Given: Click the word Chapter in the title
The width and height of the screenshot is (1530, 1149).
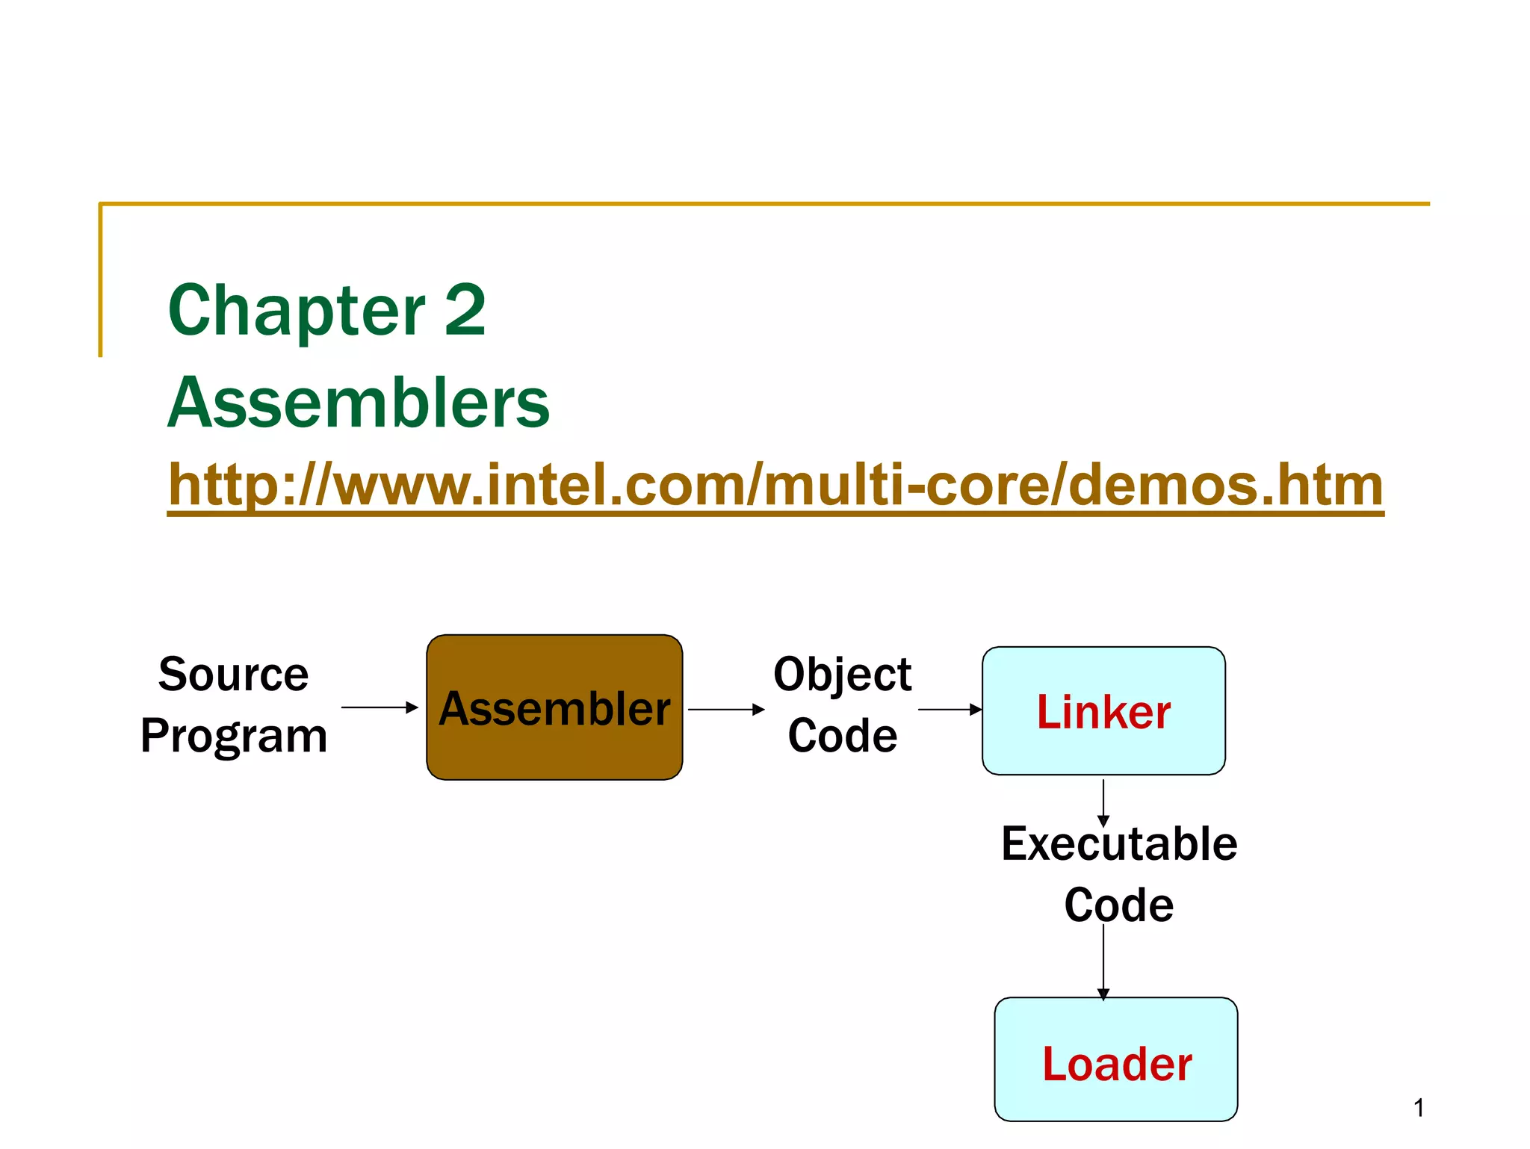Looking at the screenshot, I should (296, 310).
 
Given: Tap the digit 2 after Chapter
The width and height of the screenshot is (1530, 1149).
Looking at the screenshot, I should (465, 310).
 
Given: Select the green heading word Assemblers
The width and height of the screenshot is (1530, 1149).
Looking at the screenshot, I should (359, 403).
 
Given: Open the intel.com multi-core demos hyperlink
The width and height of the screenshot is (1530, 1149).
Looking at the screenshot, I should (775, 486).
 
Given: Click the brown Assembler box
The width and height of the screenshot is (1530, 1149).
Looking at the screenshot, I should (554, 707).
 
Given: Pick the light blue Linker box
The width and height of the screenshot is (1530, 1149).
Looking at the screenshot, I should (1103, 710).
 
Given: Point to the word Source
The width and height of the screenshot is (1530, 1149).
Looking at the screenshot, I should (233, 674).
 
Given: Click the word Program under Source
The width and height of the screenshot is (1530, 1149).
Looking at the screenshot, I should (233, 736).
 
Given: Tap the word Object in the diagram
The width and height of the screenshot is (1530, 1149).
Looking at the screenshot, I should (842, 674).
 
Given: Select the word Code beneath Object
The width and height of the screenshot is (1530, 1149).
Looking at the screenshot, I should (842, 736).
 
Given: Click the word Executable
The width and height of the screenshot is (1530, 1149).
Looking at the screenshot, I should (1118, 844).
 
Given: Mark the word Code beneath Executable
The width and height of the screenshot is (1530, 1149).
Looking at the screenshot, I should (1118, 905).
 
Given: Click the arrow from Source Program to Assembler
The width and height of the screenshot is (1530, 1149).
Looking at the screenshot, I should (380, 707).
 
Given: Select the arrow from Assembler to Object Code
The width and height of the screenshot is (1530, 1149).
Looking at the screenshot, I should (726, 709).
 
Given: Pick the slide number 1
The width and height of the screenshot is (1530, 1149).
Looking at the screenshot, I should (1418, 1108).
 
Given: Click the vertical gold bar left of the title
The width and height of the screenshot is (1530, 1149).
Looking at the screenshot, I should (100, 280).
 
